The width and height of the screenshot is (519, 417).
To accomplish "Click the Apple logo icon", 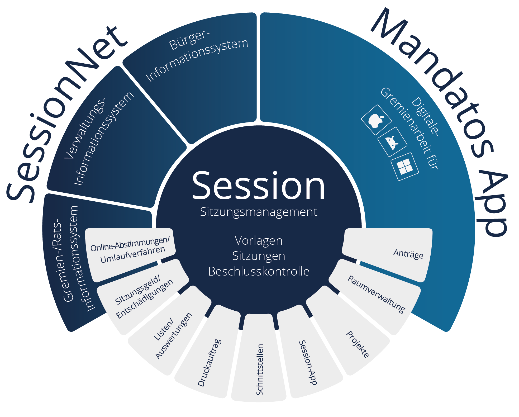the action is tap(376, 120).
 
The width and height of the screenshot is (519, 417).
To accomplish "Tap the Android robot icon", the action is tap(392, 142).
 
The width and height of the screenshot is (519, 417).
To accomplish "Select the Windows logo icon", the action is tap(405, 167).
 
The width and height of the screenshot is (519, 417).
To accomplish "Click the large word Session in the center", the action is tap(259, 185).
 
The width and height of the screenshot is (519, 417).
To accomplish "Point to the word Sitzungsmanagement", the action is tap(259, 212).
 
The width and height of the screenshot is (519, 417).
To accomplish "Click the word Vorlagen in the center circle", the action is tap(259, 241).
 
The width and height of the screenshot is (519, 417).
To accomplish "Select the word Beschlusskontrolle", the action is tap(259, 271).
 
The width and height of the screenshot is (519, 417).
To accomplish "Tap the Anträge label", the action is tap(408, 254).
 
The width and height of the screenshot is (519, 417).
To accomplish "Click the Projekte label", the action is tap(358, 344).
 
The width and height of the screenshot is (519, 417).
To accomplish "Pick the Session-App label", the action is tap(308, 362).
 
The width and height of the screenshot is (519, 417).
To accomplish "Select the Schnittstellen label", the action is tap(260, 369).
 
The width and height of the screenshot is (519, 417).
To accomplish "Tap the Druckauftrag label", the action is tap(210, 363).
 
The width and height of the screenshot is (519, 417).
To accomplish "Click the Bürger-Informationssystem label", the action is tap(197, 56).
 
